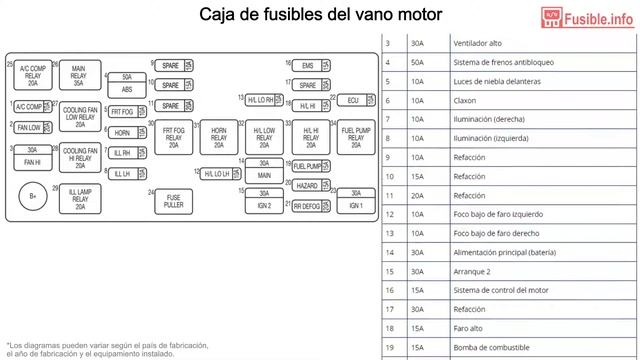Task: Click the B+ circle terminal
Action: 33,196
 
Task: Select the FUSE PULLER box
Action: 174,200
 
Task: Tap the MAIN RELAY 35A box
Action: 78,76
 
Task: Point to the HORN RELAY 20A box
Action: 218,136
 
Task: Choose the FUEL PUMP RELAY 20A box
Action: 355,136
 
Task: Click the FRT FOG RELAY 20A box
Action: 174,136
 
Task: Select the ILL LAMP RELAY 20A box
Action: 79,200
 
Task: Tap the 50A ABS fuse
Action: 126,83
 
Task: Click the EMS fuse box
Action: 307,66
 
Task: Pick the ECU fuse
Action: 353,100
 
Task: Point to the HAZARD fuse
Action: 307,186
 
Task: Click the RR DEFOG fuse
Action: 307,205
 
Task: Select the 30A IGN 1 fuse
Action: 355,199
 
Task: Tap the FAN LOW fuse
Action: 29,128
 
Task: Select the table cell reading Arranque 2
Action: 474,271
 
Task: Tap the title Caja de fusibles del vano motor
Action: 320,15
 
